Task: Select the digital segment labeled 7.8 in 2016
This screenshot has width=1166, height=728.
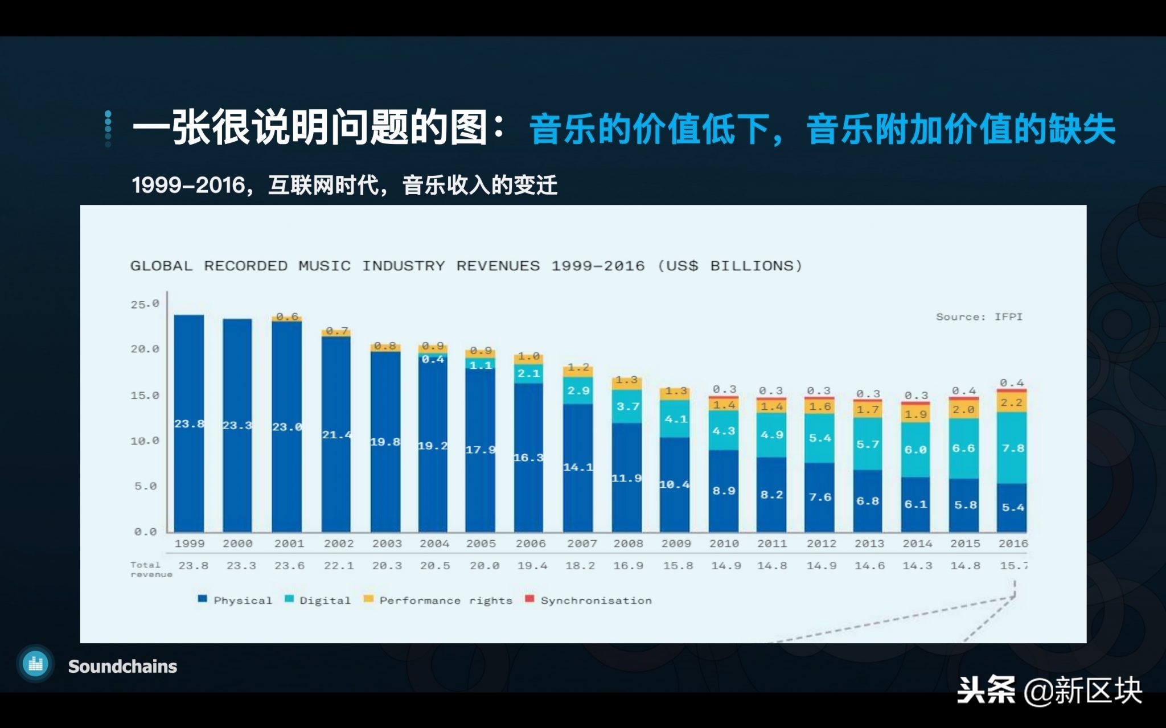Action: (x=1013, y=448)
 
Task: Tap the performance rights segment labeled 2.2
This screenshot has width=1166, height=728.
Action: (x=1012, y=402)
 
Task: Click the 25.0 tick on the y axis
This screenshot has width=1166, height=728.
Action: (x=145, y=305)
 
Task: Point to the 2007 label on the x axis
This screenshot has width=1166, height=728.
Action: (x=581, y=544)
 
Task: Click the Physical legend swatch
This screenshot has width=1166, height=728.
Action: (x=202, y=599)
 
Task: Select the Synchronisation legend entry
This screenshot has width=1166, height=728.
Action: (x=596, y=601)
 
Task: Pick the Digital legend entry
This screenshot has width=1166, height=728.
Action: (x=325, y=601)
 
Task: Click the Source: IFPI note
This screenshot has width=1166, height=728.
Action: (x=979, y=317)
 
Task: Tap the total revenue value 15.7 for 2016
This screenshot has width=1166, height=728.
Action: (x=1013, y=566)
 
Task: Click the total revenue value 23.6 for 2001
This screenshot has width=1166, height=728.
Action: (x=289, y=566)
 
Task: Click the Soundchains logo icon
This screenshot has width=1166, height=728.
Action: (x=36, y=664)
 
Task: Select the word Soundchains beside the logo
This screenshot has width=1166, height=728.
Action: (x=122, y=666)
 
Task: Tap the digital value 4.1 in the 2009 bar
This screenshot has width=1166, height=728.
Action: (x=676, y=419)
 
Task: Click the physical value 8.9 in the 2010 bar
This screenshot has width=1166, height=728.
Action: (x=724, y=491)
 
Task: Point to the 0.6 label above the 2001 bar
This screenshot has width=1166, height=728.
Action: (x=287, y=316)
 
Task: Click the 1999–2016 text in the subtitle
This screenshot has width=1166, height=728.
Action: (x=188, y=186)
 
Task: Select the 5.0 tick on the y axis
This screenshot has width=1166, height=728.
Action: (x=145, y=486)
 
